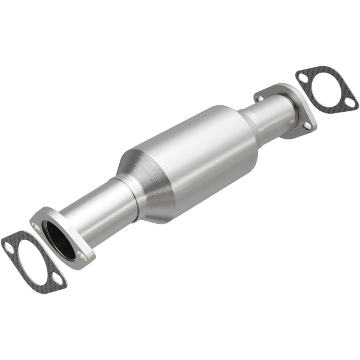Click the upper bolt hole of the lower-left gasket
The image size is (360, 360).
(x=9, y=245)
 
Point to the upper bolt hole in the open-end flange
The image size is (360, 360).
(x=36, y=220)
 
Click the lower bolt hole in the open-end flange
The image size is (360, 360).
(x=81, y=256)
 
